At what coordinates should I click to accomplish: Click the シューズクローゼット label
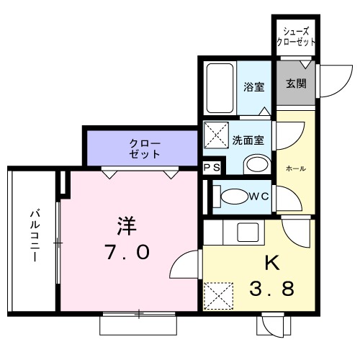(x=297, y=37)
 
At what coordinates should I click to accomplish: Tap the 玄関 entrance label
(x=296, y=84)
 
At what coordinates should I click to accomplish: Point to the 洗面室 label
(x=252, y=140)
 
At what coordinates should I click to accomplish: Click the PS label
(x=212, y=168)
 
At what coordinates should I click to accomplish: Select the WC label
(x=258, y=195)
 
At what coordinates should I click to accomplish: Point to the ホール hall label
(x=295, y=168)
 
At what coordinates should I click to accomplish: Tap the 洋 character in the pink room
(x=127, y=225)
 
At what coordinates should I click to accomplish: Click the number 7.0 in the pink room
(x=127, y=253)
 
